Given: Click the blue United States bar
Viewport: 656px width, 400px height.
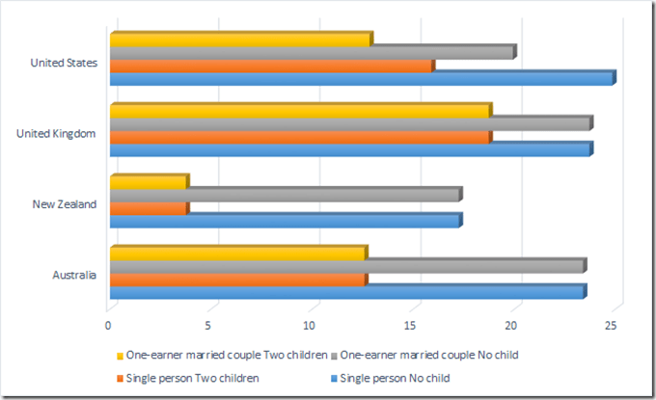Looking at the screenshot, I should (x=362, y=78).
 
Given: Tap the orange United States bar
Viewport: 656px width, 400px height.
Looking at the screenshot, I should (x=271, y=66).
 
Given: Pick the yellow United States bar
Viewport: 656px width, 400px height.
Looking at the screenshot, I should (x=240, y=40).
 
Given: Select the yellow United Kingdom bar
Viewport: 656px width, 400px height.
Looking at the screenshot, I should (x=300, y=111).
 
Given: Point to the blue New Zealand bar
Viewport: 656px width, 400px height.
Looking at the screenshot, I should (x=286, y=220).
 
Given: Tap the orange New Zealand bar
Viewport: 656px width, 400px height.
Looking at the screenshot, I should (x=149, y=207).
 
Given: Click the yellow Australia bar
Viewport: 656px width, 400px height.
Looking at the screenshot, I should (x=237, y=253).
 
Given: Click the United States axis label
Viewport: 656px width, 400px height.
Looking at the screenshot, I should (x=64, y=63).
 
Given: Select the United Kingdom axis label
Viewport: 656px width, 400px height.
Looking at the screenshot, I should (x=56, y=133).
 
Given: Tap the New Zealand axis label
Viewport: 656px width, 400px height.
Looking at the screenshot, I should (x=65, y=204).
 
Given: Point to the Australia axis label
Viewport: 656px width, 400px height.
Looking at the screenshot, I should (x=74, y=275).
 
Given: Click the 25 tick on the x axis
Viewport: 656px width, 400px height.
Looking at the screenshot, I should (x=611, y=325).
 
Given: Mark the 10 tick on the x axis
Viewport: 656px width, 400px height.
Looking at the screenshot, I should (x=311, y=325).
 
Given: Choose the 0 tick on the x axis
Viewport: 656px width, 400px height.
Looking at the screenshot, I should (x=109, y=325).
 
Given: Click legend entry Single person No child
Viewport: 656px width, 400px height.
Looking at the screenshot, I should (x=390, y=378).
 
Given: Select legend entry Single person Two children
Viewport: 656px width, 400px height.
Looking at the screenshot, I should (x=193, y=378).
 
